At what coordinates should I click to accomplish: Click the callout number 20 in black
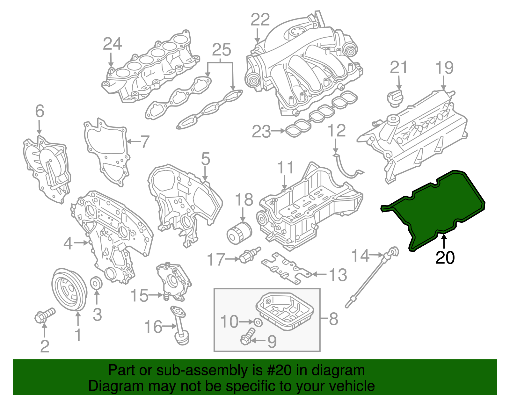pos(445,257)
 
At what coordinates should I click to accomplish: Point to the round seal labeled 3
pos(96,283)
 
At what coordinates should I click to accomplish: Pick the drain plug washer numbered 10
pos(259,322)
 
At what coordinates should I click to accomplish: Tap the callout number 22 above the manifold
pos(260,20)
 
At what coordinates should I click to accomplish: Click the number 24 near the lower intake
pos(112,44)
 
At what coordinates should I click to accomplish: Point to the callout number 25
pos(221,50)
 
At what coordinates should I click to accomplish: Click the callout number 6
pos(40,111)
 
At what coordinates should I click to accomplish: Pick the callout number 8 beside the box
pos(333,318)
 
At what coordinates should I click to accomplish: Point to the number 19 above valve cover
pos(444,68)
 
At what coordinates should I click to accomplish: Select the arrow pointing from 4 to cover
pos(81,243)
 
